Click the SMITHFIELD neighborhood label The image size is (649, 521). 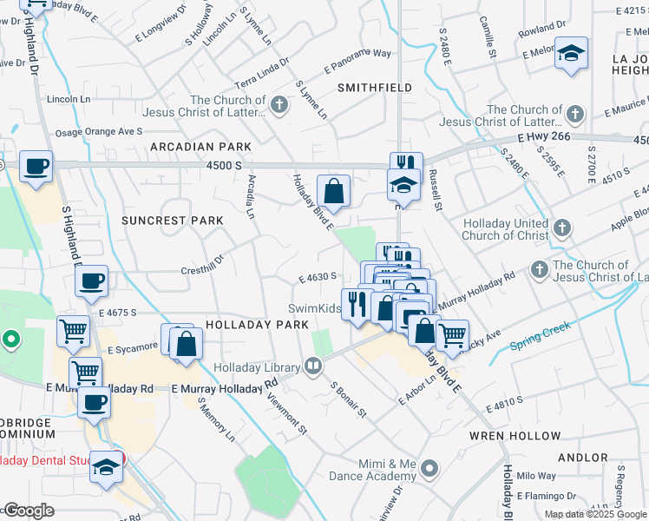374,88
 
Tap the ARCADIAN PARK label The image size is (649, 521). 200,147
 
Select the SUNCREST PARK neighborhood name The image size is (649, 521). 173,221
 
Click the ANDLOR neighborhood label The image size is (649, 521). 583,457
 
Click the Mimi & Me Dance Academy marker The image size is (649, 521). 429,470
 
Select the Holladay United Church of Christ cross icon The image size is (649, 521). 562,228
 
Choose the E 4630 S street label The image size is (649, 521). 317,277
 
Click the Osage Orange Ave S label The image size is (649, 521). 98,132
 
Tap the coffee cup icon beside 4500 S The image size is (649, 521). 36,166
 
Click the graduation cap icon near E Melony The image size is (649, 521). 572,52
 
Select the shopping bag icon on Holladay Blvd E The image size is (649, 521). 333,189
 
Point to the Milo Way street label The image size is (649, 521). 535,476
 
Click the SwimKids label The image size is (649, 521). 312,308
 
